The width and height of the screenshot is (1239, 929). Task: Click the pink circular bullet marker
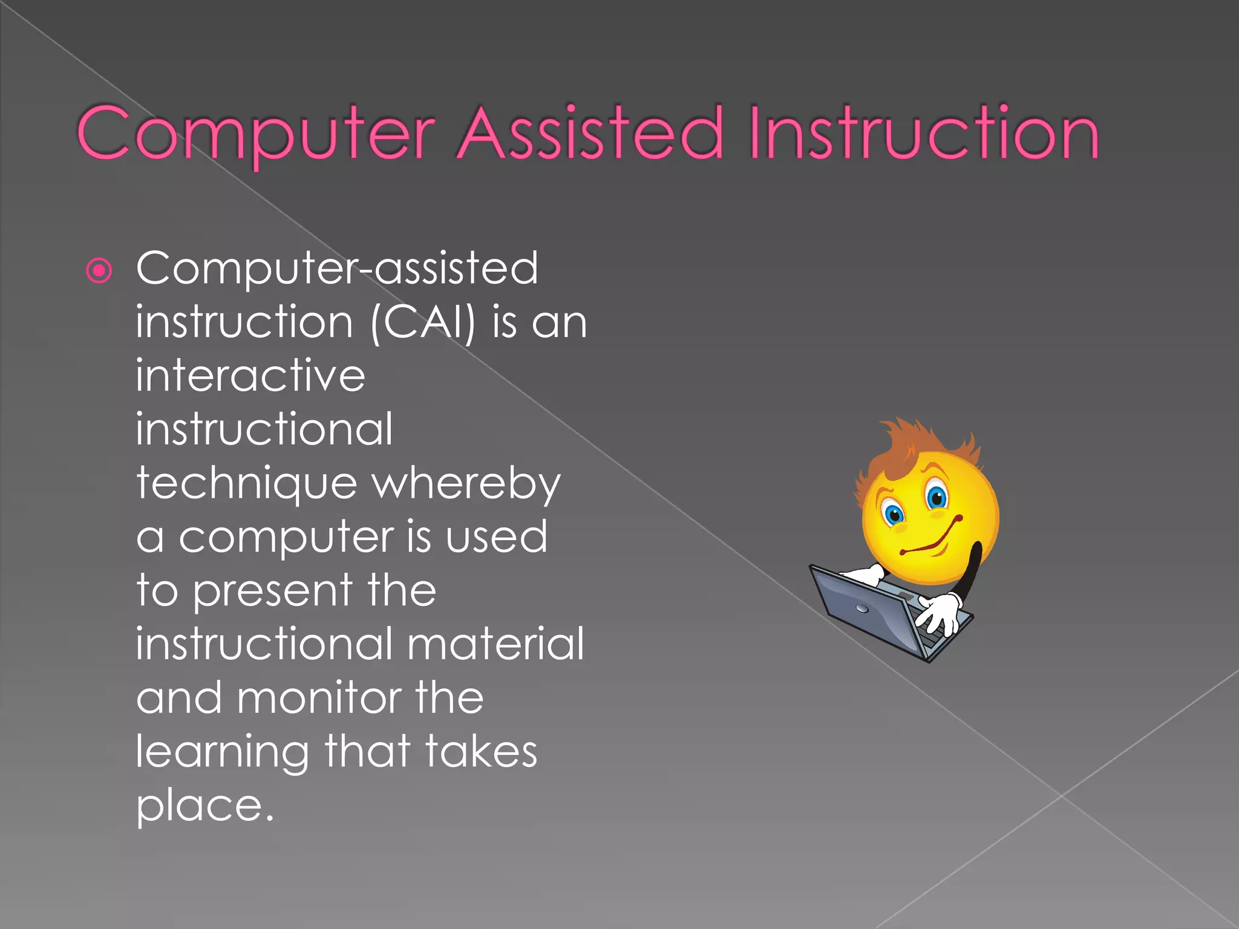click(100, 270)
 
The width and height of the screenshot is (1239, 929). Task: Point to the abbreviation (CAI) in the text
click(423, 322)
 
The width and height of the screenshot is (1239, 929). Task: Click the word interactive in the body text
click(250, 376)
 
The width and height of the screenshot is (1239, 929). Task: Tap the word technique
click(247, 484)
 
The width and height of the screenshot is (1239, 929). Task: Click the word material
click(495, 644)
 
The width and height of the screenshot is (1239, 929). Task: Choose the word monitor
click(318, 698)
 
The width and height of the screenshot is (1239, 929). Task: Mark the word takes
click(481, 751)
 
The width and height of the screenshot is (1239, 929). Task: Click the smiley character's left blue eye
click(893, 515)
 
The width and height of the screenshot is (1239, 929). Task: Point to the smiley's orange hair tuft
click(907, 442)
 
